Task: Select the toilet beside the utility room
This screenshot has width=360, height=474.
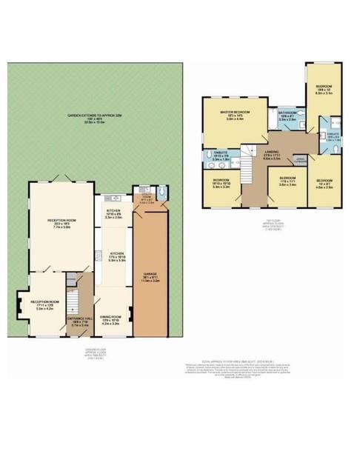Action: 163,194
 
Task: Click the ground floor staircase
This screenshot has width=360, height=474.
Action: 73,300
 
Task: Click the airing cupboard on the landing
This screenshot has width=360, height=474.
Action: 301,159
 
